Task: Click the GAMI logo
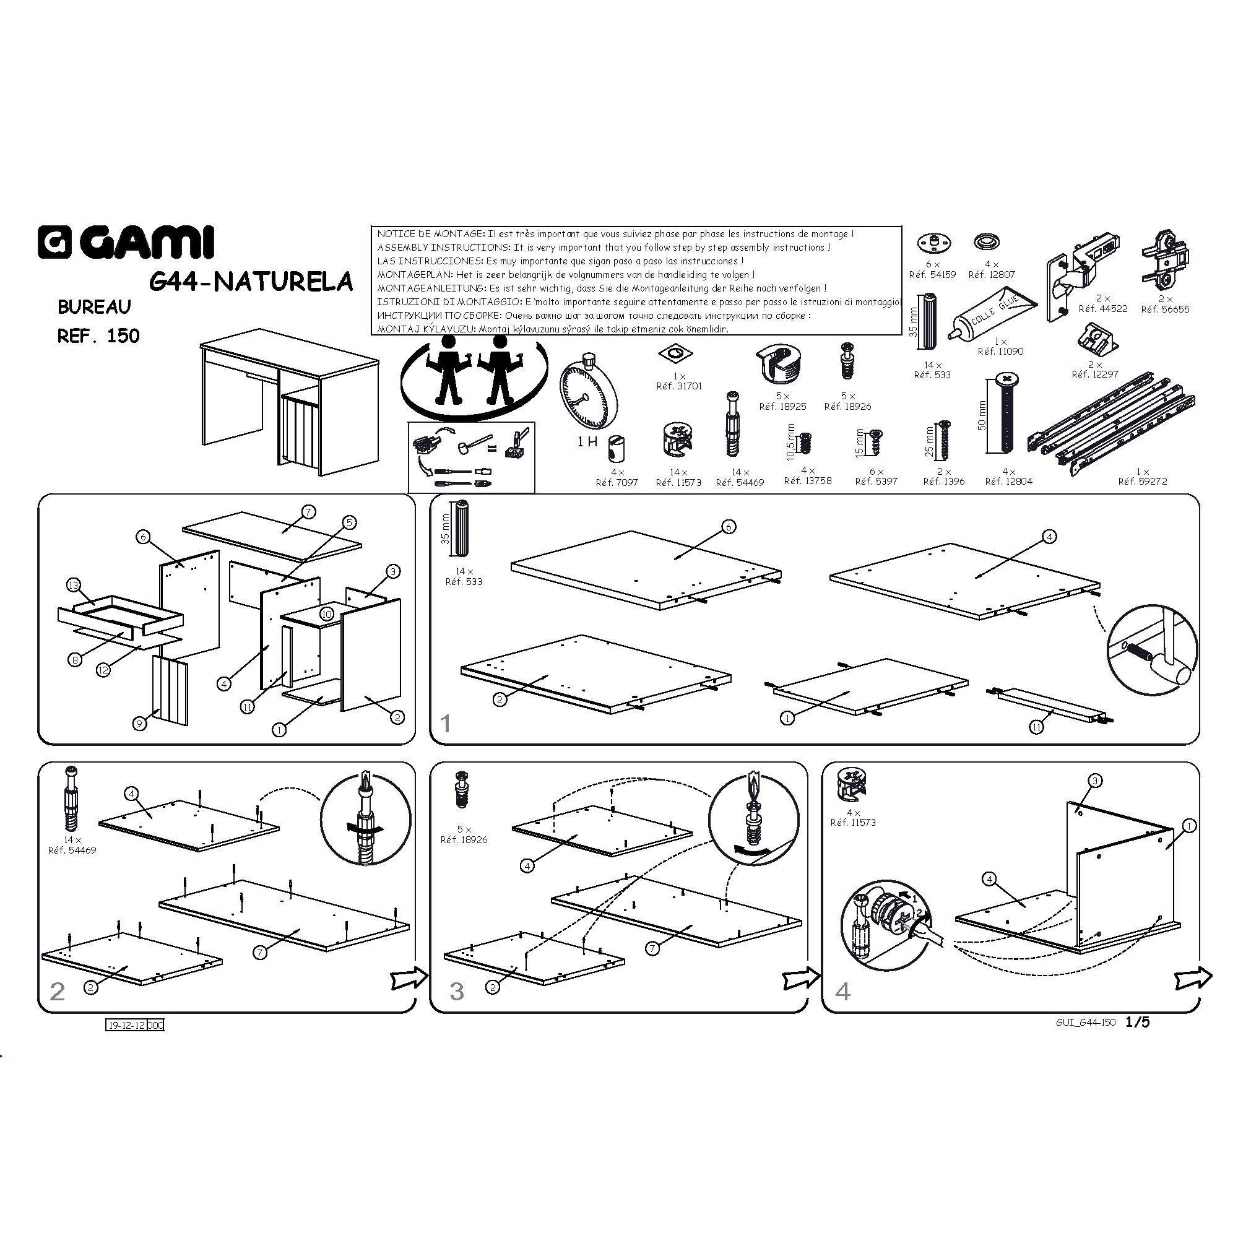(x=126, y=243)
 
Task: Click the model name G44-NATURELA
(x=251, y=281)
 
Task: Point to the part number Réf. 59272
(x=1143, y=481)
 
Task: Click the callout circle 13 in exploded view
(x=74, y=585)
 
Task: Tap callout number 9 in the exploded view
(x=140, y=724)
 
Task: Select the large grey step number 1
(x=446, y=724)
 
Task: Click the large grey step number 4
(x=842, y=991)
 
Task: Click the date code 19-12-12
(x=127, y=1025)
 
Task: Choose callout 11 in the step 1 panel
(x=1036, y=727)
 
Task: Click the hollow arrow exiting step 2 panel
(x=409, y=977)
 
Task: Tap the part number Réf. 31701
(x=679, y=386)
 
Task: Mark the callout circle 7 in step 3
(x=652, y=948)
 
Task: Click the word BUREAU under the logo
(x=94, y=307)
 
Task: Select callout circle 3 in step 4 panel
(x=1095, y=781)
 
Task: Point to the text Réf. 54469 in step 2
(x=72, y=851)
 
